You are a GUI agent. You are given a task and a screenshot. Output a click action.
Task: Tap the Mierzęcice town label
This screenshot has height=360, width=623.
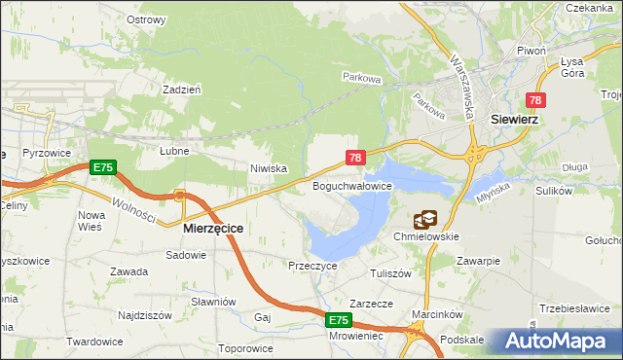[x=213, y=227]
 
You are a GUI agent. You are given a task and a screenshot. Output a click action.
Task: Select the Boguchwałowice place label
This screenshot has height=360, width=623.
[x=351, y=185]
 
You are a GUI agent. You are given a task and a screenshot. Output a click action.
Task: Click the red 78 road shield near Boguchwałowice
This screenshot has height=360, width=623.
[x=355, y=158]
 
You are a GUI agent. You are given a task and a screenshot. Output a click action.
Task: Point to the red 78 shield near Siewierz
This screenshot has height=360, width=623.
[x=536, y=100]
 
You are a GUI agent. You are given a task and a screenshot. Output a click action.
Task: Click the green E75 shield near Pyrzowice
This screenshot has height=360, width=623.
[x=103, y=168]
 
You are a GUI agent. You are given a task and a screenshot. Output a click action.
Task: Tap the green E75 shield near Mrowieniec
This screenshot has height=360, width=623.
[x=337, y=320]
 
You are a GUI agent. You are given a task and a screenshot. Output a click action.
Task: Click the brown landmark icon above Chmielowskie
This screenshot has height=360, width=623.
[x=425, y=221]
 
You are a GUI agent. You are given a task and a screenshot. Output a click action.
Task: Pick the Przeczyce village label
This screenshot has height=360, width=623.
[x=312, y=265]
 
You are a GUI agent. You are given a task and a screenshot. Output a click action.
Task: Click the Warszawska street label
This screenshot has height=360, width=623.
[x=461, y=85]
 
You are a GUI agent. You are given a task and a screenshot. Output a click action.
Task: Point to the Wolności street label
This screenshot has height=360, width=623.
[x=129, y=208]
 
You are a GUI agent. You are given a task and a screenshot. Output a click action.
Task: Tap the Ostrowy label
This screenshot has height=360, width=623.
[x=146, y=19]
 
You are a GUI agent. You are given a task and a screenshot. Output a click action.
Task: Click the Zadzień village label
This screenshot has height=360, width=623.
[x=182, y=89]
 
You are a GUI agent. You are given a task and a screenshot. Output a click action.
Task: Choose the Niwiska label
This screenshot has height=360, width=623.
[x=269, y=168]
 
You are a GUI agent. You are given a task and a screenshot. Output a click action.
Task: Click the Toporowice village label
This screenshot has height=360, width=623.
[x=246, y=347]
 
